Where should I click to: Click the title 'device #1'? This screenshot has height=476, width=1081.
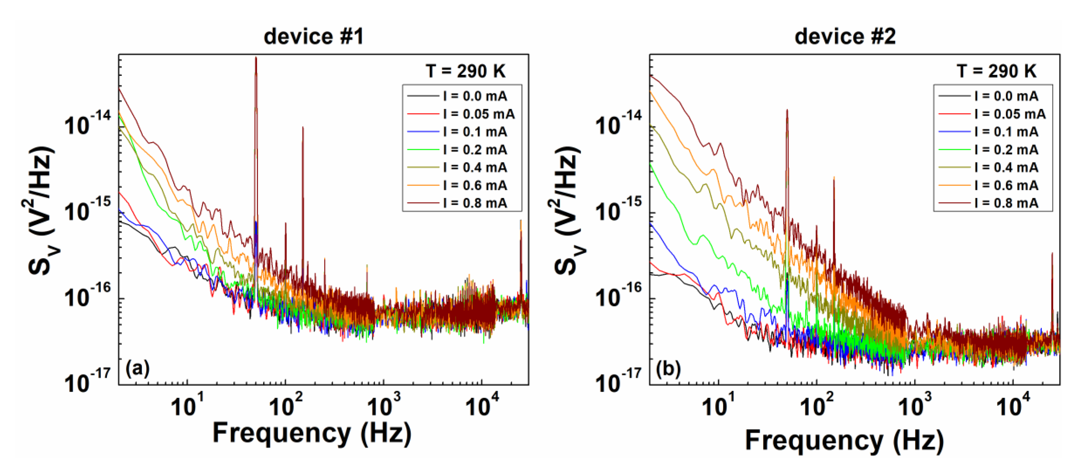tap(313, 37)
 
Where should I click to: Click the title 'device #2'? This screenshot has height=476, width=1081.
tap(845, 37)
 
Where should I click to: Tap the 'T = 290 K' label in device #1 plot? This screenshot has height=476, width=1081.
tap(465, 71)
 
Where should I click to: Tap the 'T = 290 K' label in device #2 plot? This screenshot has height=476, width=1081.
tap(997, 71)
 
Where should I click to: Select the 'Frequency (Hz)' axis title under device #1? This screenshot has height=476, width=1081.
tap(312, 433)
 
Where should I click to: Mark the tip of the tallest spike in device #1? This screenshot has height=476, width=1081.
tap(256, 58)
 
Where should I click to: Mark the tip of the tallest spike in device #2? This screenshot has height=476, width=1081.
tap(787, 109)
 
